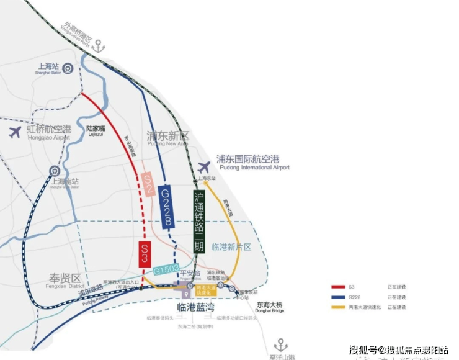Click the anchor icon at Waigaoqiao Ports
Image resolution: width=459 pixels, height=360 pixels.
pyautogui.click(x=99, y=46)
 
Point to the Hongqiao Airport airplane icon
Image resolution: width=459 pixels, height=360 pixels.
pyautogui.click(x=15, y=131)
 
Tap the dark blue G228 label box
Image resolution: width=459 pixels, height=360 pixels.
pyautogui.click(x=166, y=207)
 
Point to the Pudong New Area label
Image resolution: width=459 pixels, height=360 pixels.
pyautogui.click(x=167, y=138)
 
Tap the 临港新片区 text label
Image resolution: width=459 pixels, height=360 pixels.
pyautogui.click(x=231, y=246)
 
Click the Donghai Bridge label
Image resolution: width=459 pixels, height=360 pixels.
pyautogui.click(x=269, y=307)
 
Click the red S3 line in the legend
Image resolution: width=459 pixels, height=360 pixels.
pyautogui.click(x=339, y=287)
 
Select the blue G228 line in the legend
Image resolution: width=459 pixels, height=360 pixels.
pyautogui.click(x=339, y=297)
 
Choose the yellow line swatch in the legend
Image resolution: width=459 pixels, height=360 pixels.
pyautogui.click(x=339, y=307)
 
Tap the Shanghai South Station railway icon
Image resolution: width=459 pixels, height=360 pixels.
pyautogui.click(x=55, y=172)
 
